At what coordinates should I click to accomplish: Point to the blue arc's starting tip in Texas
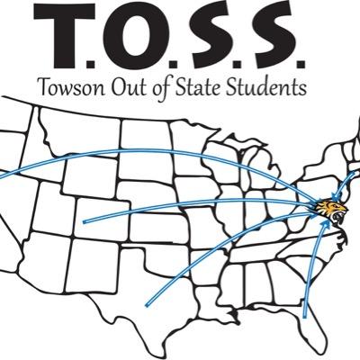coord(145,302)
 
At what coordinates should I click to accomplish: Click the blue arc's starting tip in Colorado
coord(83,220)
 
